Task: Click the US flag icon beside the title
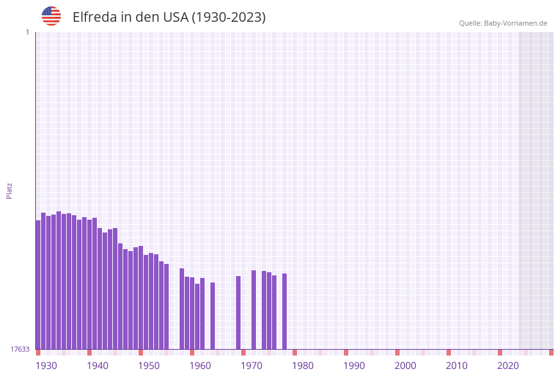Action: point(51,16)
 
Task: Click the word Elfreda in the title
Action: point(94,17)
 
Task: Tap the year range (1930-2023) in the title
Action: point(228,17)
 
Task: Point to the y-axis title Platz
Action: point(10,190)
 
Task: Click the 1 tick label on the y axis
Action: point(27,32)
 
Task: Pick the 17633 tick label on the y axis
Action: point(20,349)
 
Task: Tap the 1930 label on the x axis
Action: point(46,366)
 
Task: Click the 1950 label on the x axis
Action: point(149,366)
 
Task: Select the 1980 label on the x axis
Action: point(303,366)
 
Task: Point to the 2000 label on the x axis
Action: point(405,366)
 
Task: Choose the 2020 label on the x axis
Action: point(508,366)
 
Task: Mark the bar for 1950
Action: point(141,298)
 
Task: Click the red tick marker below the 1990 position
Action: point(346,352)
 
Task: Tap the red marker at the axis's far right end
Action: point(551,352)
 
